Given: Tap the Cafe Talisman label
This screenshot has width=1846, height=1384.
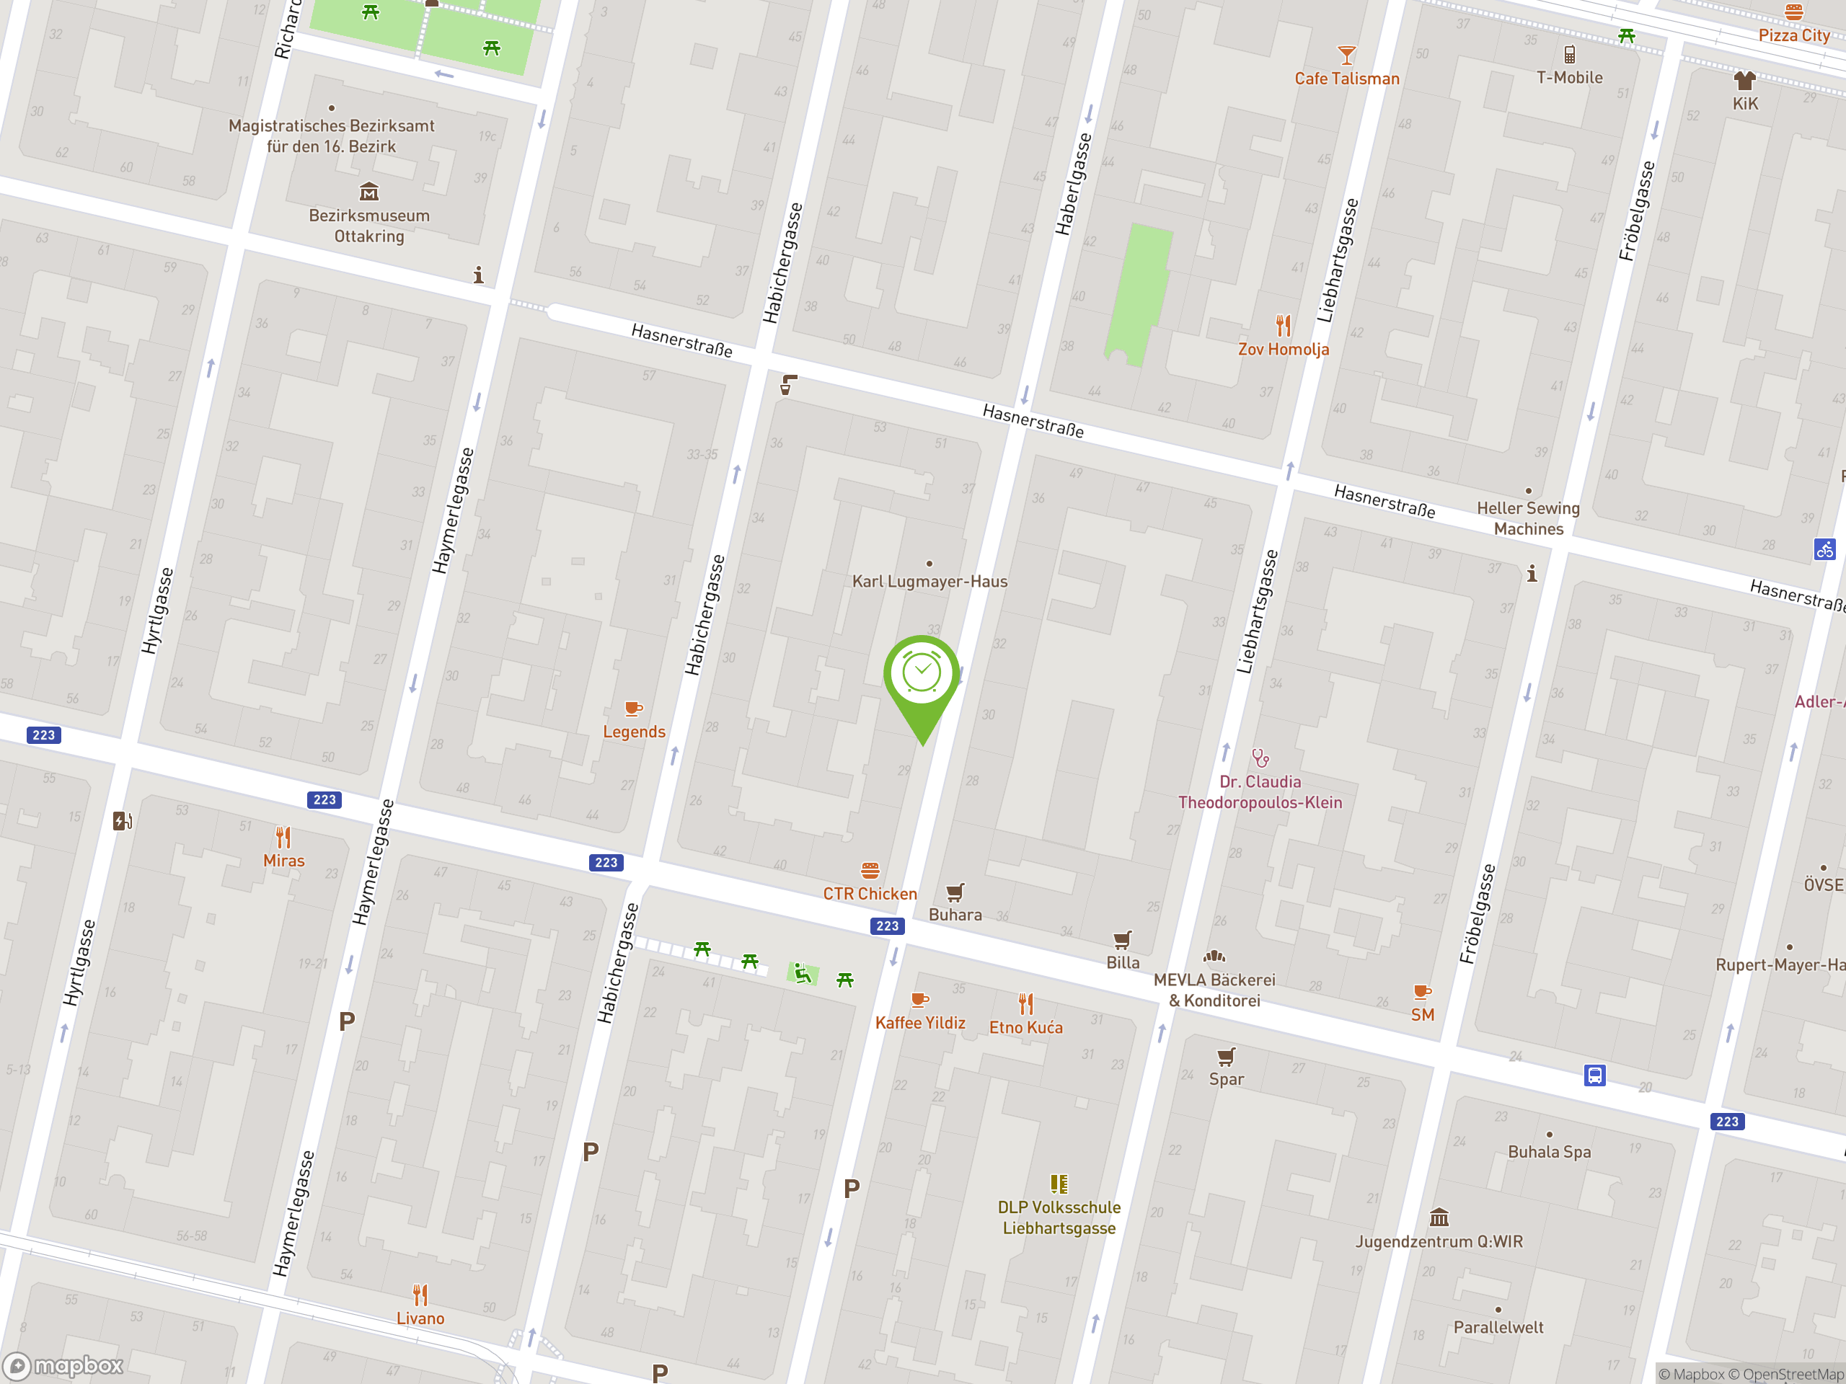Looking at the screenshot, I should [1346, 79].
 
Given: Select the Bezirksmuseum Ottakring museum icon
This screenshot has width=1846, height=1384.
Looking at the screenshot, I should [369, 192].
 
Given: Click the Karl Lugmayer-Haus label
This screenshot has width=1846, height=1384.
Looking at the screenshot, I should [929, 582].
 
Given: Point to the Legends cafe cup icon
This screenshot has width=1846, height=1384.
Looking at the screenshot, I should [633, 709].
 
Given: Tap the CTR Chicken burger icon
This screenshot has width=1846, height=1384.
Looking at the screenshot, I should [870, 871].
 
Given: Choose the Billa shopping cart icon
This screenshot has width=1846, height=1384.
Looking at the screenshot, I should [1123, 940].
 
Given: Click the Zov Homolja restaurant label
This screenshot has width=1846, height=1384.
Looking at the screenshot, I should [1283, 350].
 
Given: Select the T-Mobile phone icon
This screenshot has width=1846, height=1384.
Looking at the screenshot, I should [1569, 55].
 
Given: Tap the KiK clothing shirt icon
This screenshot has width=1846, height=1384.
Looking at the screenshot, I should [1744, 80].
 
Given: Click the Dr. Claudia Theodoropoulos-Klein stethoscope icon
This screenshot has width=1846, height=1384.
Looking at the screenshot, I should [1260, 758].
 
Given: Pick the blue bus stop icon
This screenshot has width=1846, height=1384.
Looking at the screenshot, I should [1594, 1075].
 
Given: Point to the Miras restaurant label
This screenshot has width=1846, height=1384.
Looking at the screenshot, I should [283, 861].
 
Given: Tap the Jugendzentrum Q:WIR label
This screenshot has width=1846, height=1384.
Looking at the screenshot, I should [1439, 1242].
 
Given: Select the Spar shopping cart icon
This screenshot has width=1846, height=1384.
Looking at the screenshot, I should [1226, 1057].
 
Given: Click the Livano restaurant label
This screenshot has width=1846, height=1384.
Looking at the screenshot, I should [420, 1319].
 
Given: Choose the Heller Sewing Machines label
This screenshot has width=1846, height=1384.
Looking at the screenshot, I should [1528, 518].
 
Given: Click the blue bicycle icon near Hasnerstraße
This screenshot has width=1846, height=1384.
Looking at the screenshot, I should [1824, 550].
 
